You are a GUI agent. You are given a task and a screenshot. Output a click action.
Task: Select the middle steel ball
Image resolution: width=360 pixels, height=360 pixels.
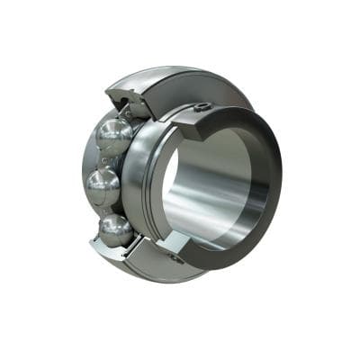[103, 189]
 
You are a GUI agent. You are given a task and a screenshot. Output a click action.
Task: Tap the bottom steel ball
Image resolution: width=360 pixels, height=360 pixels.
[116, 229]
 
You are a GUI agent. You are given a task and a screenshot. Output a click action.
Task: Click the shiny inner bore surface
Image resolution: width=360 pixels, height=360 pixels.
[211, 193]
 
